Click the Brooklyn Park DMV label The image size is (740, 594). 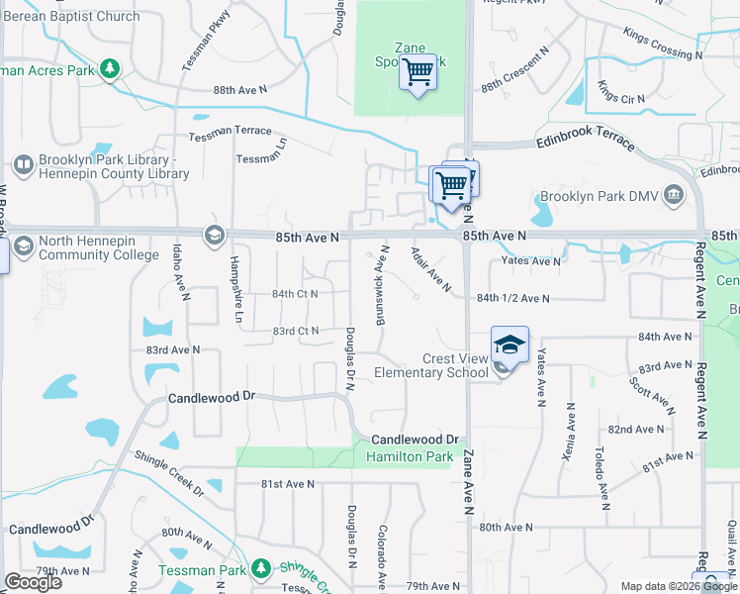601,195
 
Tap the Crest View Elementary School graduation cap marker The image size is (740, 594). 509,344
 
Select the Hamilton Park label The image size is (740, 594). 409,456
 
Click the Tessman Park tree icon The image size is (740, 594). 261,568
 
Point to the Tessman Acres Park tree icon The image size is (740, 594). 110,69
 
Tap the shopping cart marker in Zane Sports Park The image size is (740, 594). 417,72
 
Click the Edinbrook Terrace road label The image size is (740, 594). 586,142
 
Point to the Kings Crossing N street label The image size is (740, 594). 662,45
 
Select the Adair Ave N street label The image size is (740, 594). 430,269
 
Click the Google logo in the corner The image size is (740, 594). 33,582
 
